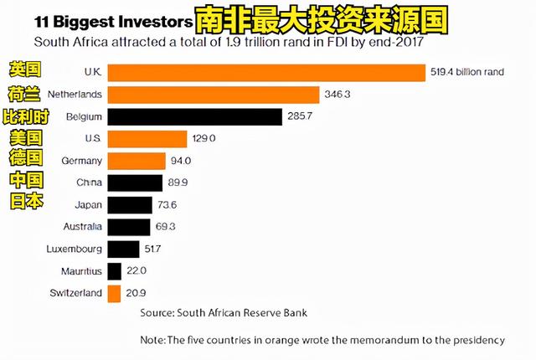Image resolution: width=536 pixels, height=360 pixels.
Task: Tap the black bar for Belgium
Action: click(195, 116)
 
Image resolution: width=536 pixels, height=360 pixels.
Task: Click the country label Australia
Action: click(82, 226)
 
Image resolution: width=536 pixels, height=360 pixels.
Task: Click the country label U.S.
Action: click(93, 138)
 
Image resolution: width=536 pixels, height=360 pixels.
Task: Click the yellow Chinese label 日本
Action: click(26, 203)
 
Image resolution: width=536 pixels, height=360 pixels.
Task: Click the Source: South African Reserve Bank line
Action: click(224, 312)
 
